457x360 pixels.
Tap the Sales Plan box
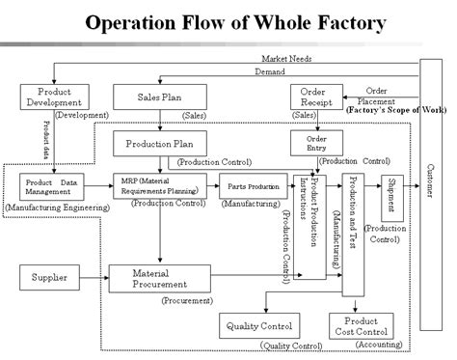point(156,96)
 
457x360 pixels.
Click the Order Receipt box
point(312,97)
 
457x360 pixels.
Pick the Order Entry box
point(309,142)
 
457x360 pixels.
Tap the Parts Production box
point(252,186)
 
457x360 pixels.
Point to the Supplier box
point(49,279)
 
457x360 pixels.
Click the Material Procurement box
point(158,279)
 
